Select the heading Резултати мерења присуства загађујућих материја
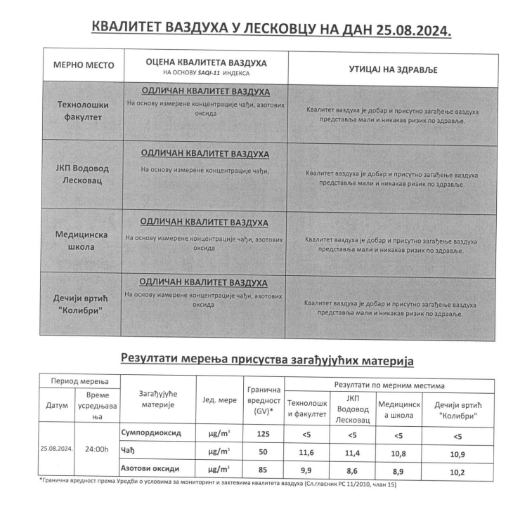point(267,359)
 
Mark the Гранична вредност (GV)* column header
point(264,400)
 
